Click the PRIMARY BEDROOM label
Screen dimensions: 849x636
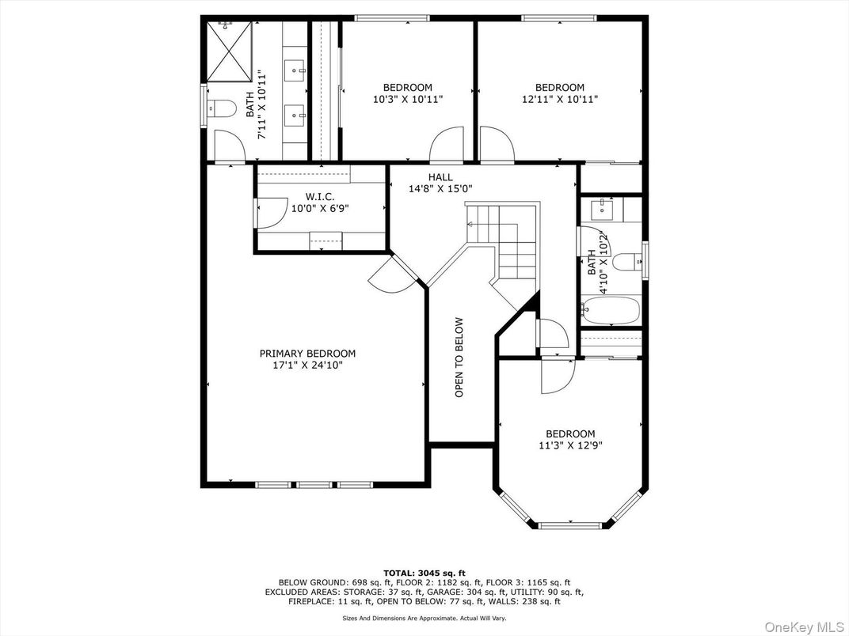[307, 354]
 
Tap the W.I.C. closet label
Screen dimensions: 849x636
[319, 197]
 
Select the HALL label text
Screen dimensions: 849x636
[440, 177]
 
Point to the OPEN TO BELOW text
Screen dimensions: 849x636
[459, 357]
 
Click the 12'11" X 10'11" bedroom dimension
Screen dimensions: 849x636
[560, 100]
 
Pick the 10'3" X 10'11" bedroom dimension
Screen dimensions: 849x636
[408, 100]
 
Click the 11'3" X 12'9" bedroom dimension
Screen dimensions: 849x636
[570, 445]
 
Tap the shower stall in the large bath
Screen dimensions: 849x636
[230, 51]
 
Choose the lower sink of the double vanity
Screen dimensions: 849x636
[295, 115]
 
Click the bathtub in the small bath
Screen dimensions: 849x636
[611, 310]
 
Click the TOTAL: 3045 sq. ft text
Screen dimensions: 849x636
[424, 574]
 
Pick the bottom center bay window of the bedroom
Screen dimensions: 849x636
[570, 524]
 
